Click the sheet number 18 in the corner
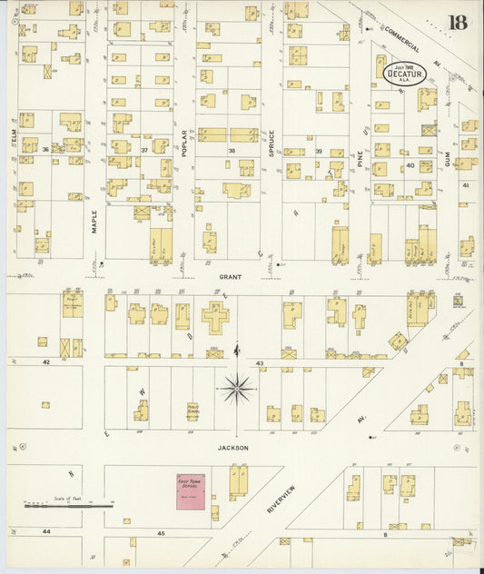pos(457,22)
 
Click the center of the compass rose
pos(237,389)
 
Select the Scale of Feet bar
pos(68,504)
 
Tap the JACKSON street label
pos(232,447)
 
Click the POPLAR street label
pos(183,143)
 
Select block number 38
pos(232,150)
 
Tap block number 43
pos(260,363)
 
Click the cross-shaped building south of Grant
pos(215,318)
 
